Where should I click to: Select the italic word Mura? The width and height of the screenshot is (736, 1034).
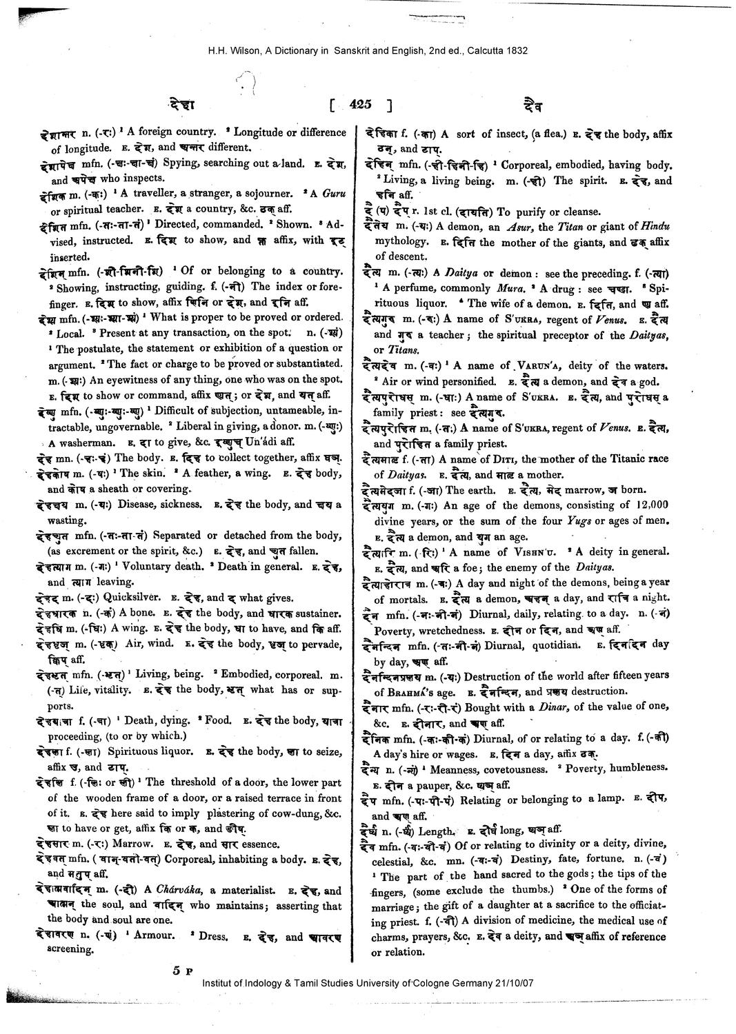tap(510, 287)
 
